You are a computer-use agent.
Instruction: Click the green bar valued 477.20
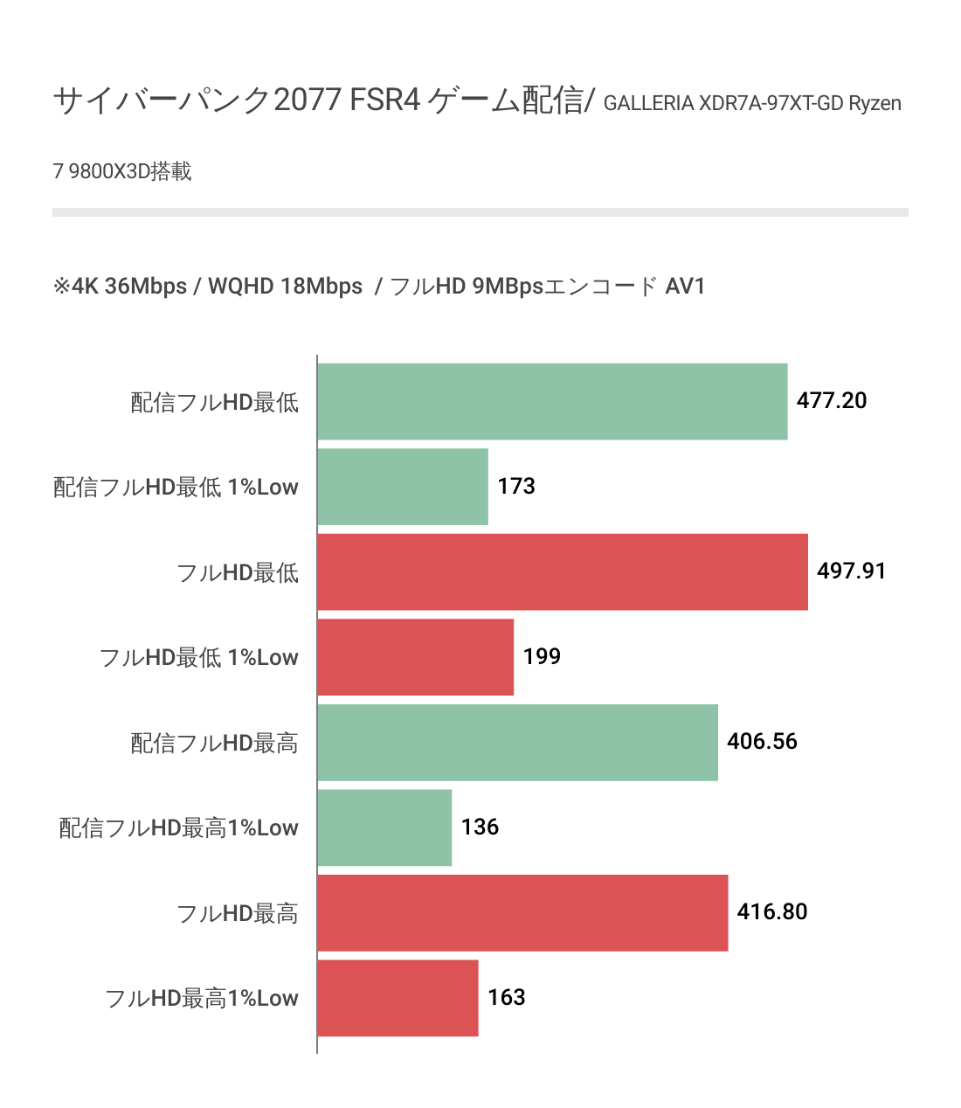tap(552, 402)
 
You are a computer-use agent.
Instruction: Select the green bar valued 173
tap(403, 487)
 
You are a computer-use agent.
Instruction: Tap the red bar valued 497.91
tap(563, 572)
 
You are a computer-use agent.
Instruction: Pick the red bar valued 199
tap(416, 657)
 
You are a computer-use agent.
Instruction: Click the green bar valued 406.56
tap(518, 743)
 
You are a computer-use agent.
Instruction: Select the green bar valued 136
tap(384, 828)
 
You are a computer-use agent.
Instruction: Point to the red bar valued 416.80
tap(522, 913)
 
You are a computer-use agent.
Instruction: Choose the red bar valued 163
tap(398, 998)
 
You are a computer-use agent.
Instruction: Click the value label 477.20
tap(832, 401)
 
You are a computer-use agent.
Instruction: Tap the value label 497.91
tap(851, 571)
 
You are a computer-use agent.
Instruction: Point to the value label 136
tap(480, 828)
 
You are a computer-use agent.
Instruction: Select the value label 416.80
tap(771, 912)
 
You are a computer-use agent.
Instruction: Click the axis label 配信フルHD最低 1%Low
tap(176, 488)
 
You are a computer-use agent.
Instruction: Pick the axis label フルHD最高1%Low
tap(202, 999)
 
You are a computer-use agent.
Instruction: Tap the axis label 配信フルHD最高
tap(214, 744)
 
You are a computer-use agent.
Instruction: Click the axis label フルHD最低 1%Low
tap(199, 658)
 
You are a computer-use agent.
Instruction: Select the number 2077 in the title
tap(307, 100)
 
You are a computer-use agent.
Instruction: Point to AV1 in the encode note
tap(685, 287)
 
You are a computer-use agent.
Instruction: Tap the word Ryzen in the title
tap(875, 104)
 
